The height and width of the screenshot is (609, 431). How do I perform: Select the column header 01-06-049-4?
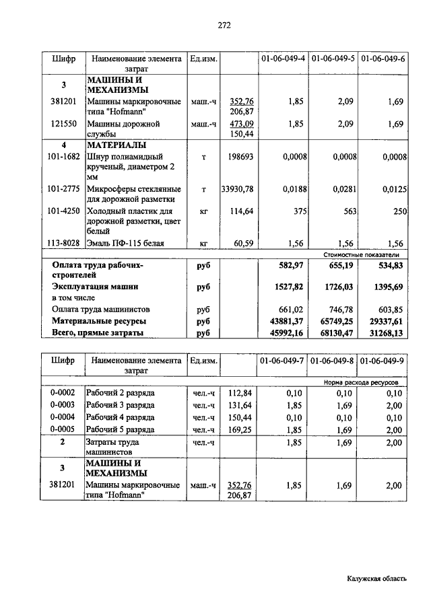point(284,59)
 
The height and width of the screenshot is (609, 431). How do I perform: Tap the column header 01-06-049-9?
point(382,361)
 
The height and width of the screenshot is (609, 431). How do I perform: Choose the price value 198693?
point(240,156)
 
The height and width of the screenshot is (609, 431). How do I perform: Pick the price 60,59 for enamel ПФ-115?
point(242,244)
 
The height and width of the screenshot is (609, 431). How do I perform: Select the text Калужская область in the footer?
point(377,577)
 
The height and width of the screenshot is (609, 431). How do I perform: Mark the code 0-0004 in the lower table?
point(63,417)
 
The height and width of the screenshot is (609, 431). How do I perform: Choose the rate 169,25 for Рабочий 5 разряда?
point(240,429)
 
